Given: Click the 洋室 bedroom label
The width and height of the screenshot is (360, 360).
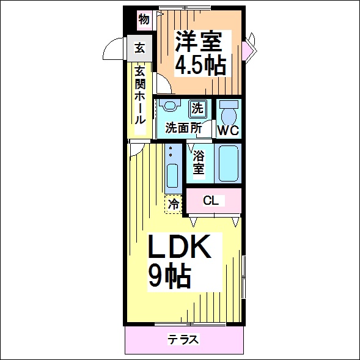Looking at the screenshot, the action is point(199,42).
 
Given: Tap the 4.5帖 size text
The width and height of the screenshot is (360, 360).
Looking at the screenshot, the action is point(200,65).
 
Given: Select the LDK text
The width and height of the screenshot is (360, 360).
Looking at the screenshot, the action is point(180,246).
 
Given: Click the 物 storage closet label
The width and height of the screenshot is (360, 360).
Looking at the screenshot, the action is point(144,20).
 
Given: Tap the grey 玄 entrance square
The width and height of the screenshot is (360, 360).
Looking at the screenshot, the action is point(139,48).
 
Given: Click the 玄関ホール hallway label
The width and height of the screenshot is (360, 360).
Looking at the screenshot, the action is point(140,95).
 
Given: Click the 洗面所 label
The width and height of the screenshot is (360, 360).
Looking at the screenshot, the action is point(184,128).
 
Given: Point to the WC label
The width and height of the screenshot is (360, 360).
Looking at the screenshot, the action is point(229,131).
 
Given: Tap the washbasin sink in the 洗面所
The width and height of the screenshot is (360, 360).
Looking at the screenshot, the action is point(170,105).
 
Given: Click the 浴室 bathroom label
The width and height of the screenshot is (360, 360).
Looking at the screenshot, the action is point(199,162).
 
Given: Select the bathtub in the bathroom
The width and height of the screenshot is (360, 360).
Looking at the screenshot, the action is point(228,163).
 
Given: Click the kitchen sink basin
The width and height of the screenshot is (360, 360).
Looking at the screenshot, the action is point(172,175).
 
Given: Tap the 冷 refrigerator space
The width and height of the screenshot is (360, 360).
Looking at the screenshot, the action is point(174,204).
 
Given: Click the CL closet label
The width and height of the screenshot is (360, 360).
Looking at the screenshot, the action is point(211,201).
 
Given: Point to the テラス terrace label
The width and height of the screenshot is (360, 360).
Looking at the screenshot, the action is point(183,339).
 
